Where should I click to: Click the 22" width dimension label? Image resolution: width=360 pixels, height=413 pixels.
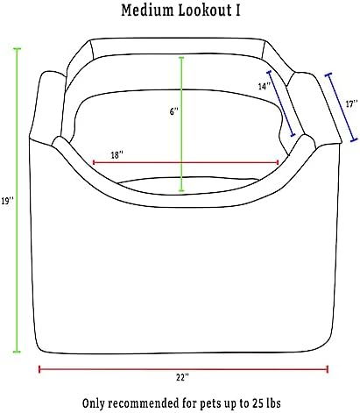coord(182,377)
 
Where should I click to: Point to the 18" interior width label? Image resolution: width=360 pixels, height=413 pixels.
coord(116,154)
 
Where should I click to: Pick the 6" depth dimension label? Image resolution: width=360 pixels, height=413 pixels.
coord(173,111)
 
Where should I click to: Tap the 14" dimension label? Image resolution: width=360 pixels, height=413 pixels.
coord(265,86)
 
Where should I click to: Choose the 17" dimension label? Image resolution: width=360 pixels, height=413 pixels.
coord(351,103)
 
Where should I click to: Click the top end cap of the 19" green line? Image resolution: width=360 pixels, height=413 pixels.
coord(18,49)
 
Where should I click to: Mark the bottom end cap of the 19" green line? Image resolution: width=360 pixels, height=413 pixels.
coord(18,352)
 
